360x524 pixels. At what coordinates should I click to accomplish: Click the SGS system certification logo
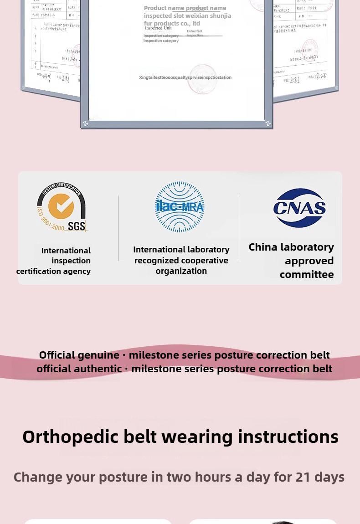tap(62, 207)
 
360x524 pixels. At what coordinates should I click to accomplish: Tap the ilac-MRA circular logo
tap(180, 207)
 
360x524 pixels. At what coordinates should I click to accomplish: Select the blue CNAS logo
tap(299, 208)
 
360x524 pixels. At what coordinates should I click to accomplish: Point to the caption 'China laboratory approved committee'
tap(292, 261)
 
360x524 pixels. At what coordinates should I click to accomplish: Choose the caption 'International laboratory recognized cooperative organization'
tap(181, 260)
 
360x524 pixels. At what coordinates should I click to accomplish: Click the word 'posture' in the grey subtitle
tap(123, 477)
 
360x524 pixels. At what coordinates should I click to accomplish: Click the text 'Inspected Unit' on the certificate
tap(158, 28)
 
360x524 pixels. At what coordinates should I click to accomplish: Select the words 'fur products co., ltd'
tap(172, 23)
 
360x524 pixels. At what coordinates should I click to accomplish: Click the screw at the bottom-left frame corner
tap(85, 123)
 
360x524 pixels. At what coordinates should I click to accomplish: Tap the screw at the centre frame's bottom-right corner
tap(268, 123)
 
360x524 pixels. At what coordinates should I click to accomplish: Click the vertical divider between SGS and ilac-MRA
tap(118, 228)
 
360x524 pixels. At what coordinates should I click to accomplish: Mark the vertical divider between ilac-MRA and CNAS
tap(239, 228)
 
